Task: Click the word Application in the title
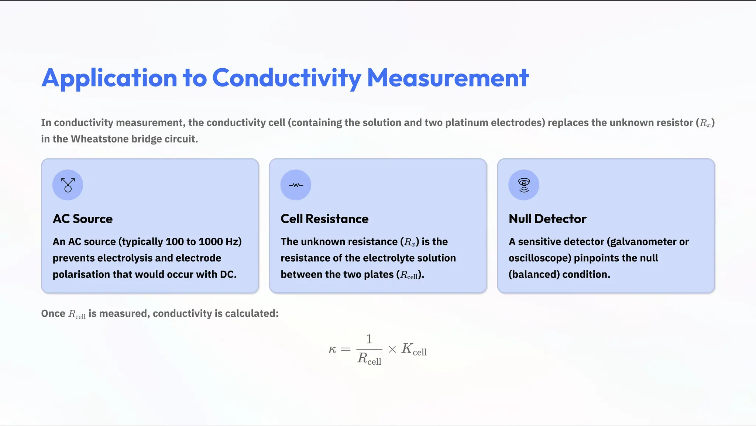[109, 78]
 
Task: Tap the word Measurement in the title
[448, 78]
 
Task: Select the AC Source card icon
[68, 185]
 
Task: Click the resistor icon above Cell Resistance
[296, 185]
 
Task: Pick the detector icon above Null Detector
[524, 185]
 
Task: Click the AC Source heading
[83, 219]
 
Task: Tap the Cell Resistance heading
[324, 219]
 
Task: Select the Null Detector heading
[547, 219]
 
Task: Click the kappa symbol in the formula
[333, 350]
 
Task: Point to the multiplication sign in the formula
[392, 350]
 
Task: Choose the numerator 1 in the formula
[369, 339]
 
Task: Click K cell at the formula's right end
[414, 349]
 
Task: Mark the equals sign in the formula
[346, 350]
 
